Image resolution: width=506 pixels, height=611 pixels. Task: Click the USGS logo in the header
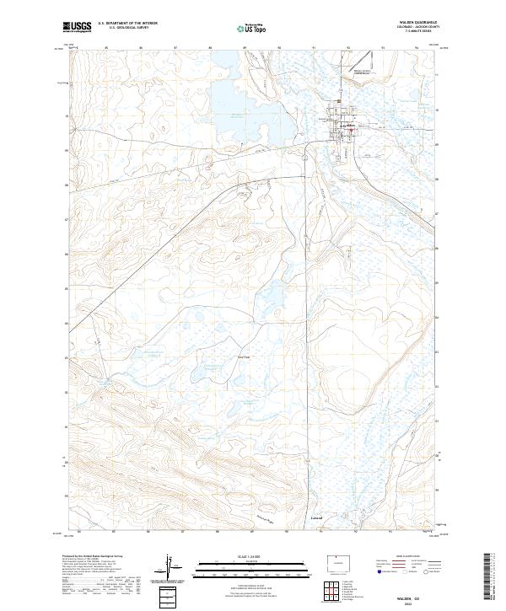[x=77, y=27]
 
